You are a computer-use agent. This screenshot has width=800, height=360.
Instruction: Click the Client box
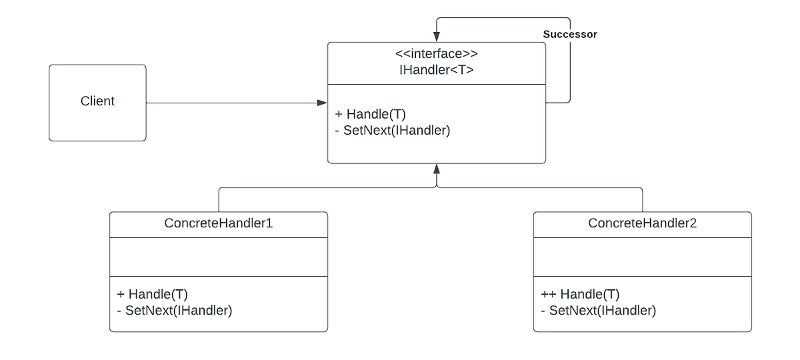click(x=97, y=102)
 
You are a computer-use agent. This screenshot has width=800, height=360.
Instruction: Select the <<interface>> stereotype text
click(x=436, y=53)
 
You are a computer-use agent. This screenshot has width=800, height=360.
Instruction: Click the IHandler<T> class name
click(x=436, y=69)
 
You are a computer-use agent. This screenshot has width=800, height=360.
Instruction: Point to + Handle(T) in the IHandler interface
click(x=370, y=115)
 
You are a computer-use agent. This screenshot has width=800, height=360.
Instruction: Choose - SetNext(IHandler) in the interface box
click(x=392, y=131)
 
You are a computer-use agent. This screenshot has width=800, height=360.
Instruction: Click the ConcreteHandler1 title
click(x=218, y=223)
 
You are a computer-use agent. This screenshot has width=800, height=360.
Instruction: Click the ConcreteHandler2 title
click(x=642, y=223)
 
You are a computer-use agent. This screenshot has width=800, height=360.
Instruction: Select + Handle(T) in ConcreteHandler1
click(x=153, y=294)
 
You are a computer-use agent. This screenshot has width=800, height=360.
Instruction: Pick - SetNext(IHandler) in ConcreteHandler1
click(x=174, y=310)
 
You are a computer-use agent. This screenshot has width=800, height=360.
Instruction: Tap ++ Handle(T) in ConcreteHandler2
click(x=581, y=294)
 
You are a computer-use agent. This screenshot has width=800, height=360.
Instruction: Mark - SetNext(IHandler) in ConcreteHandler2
click(x=598, y=310)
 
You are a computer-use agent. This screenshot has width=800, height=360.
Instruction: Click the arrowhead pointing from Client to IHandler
click(x=323, y=103)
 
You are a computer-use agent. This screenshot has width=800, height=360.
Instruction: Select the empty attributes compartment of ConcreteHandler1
click(x=218, y=257)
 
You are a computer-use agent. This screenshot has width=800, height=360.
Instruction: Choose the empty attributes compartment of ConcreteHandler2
click(x=642, y=257)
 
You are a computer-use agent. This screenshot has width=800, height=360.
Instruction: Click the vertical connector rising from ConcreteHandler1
click(x=219, y=200)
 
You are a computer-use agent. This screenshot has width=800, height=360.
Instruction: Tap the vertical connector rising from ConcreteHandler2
click(x=643, y=200)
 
